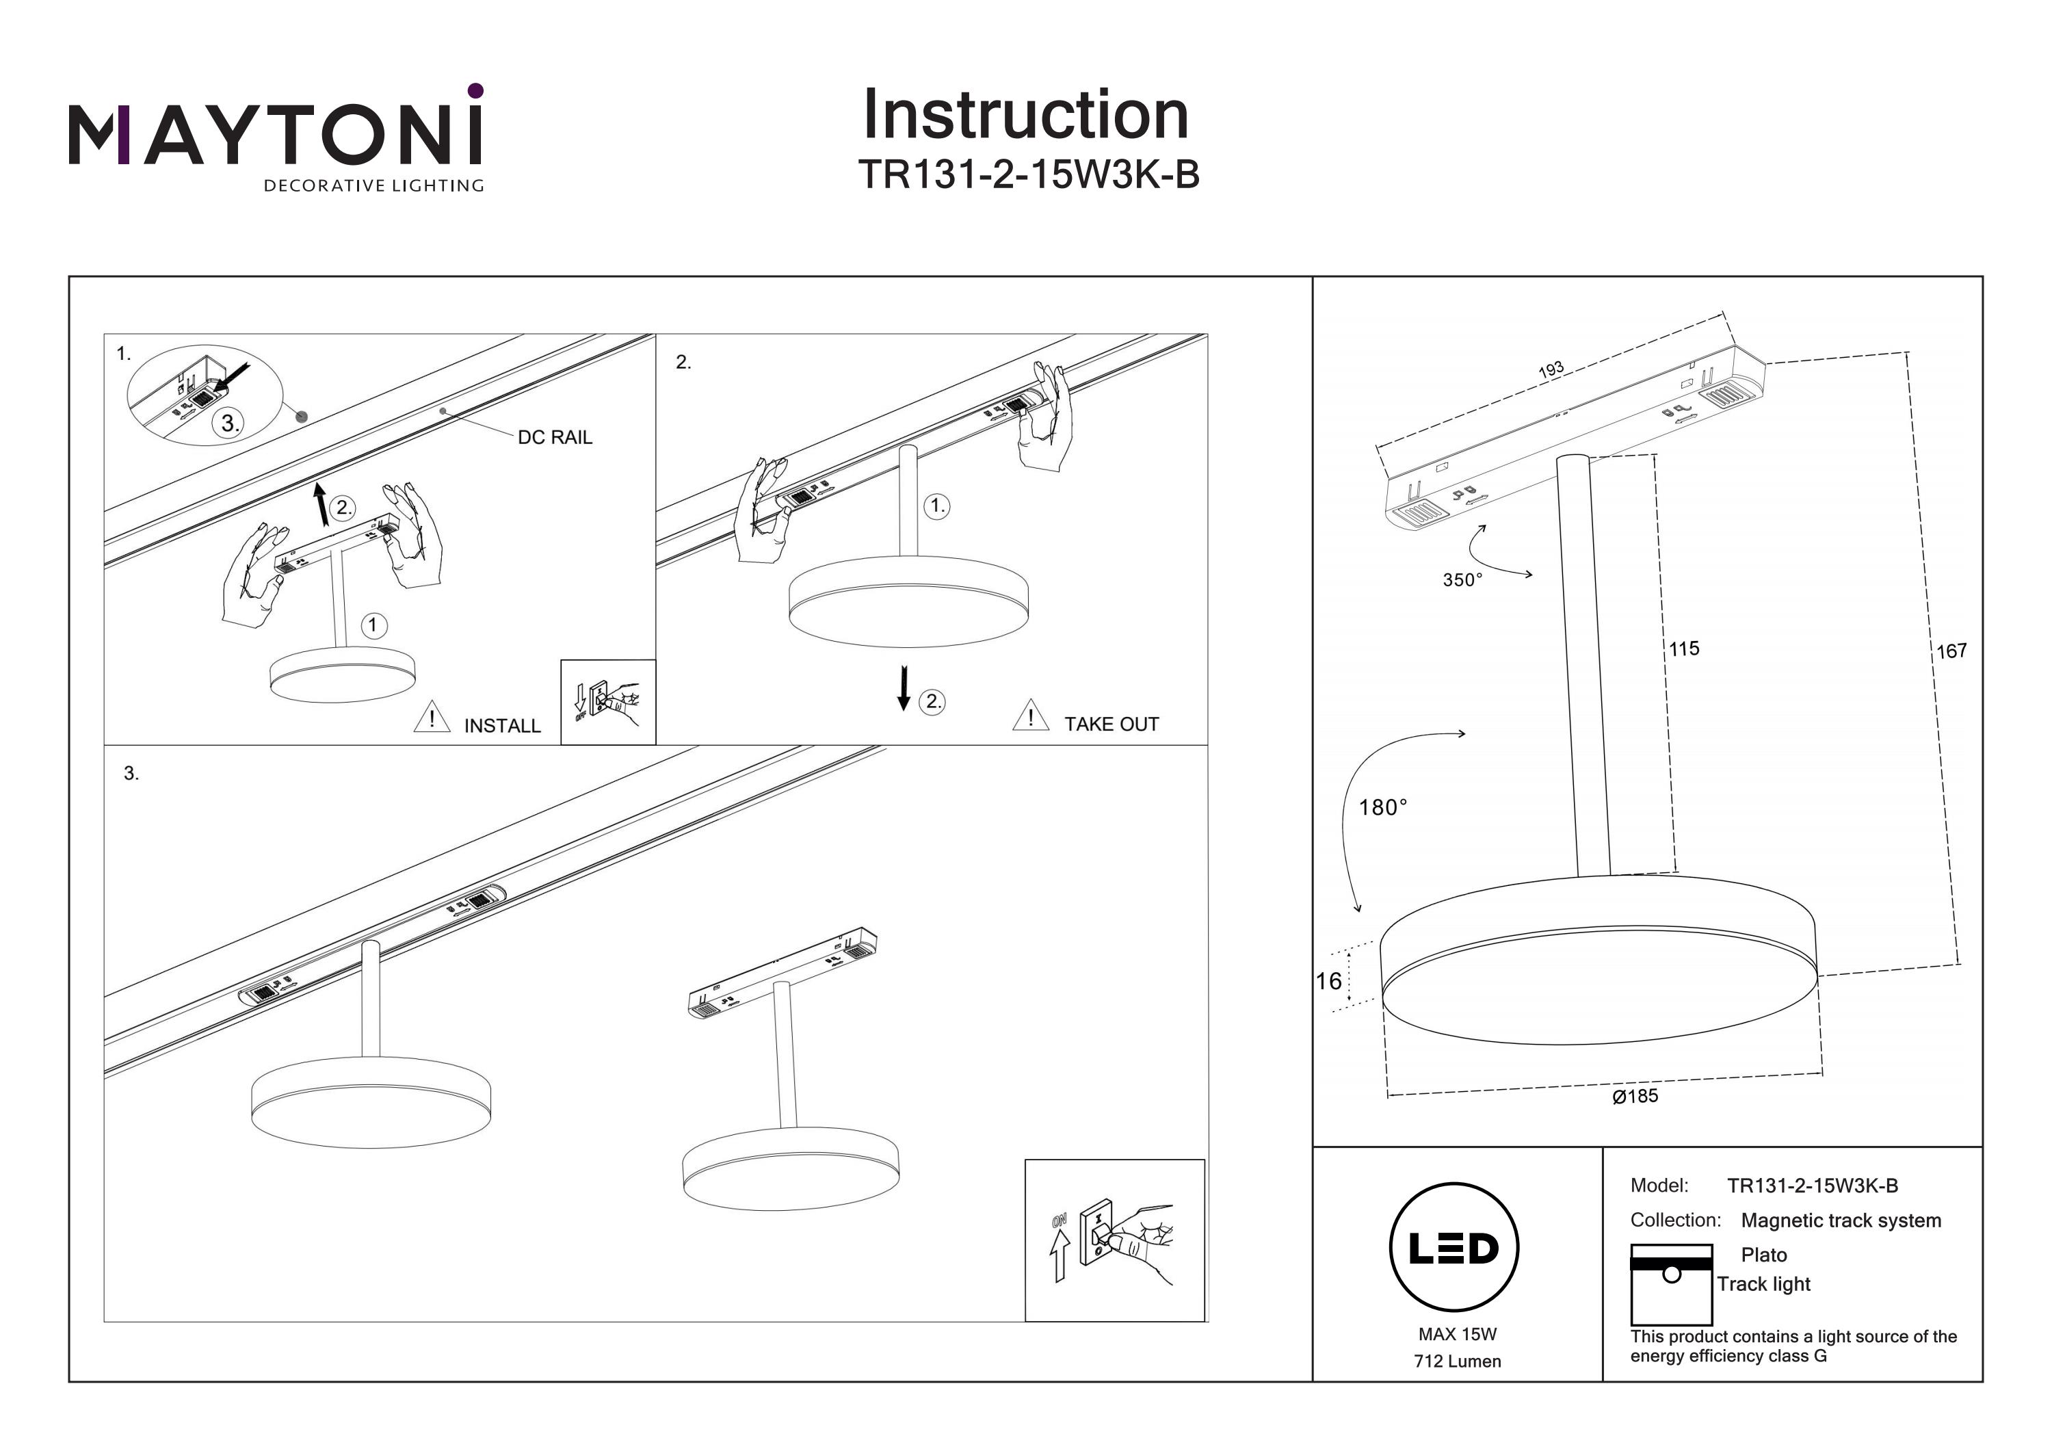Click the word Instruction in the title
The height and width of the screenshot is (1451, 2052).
coord(1025,116)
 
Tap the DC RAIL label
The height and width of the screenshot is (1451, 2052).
coord(554,437)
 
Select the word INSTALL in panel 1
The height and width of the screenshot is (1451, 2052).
coord(502,726)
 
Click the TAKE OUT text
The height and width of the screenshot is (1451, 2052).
coord(1111,724)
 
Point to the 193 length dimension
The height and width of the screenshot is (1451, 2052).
coord(1551,369)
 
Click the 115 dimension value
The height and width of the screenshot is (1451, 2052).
coord(1684,649)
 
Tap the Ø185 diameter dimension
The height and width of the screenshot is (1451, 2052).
coord(1635,1096)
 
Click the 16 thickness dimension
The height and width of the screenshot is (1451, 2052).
coord(1328,982)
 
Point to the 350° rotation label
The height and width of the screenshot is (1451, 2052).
coord(1462,580)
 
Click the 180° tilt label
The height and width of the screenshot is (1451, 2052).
coord(1382,808)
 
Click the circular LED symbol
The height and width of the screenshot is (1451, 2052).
coord(1454,1248)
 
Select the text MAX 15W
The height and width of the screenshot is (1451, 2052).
coord(1457,1335)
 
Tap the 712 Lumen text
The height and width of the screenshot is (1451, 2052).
coord(1457,1361)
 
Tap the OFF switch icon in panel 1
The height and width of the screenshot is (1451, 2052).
coord(608,702)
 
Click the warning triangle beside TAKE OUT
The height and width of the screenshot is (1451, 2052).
coord(1031,716)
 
